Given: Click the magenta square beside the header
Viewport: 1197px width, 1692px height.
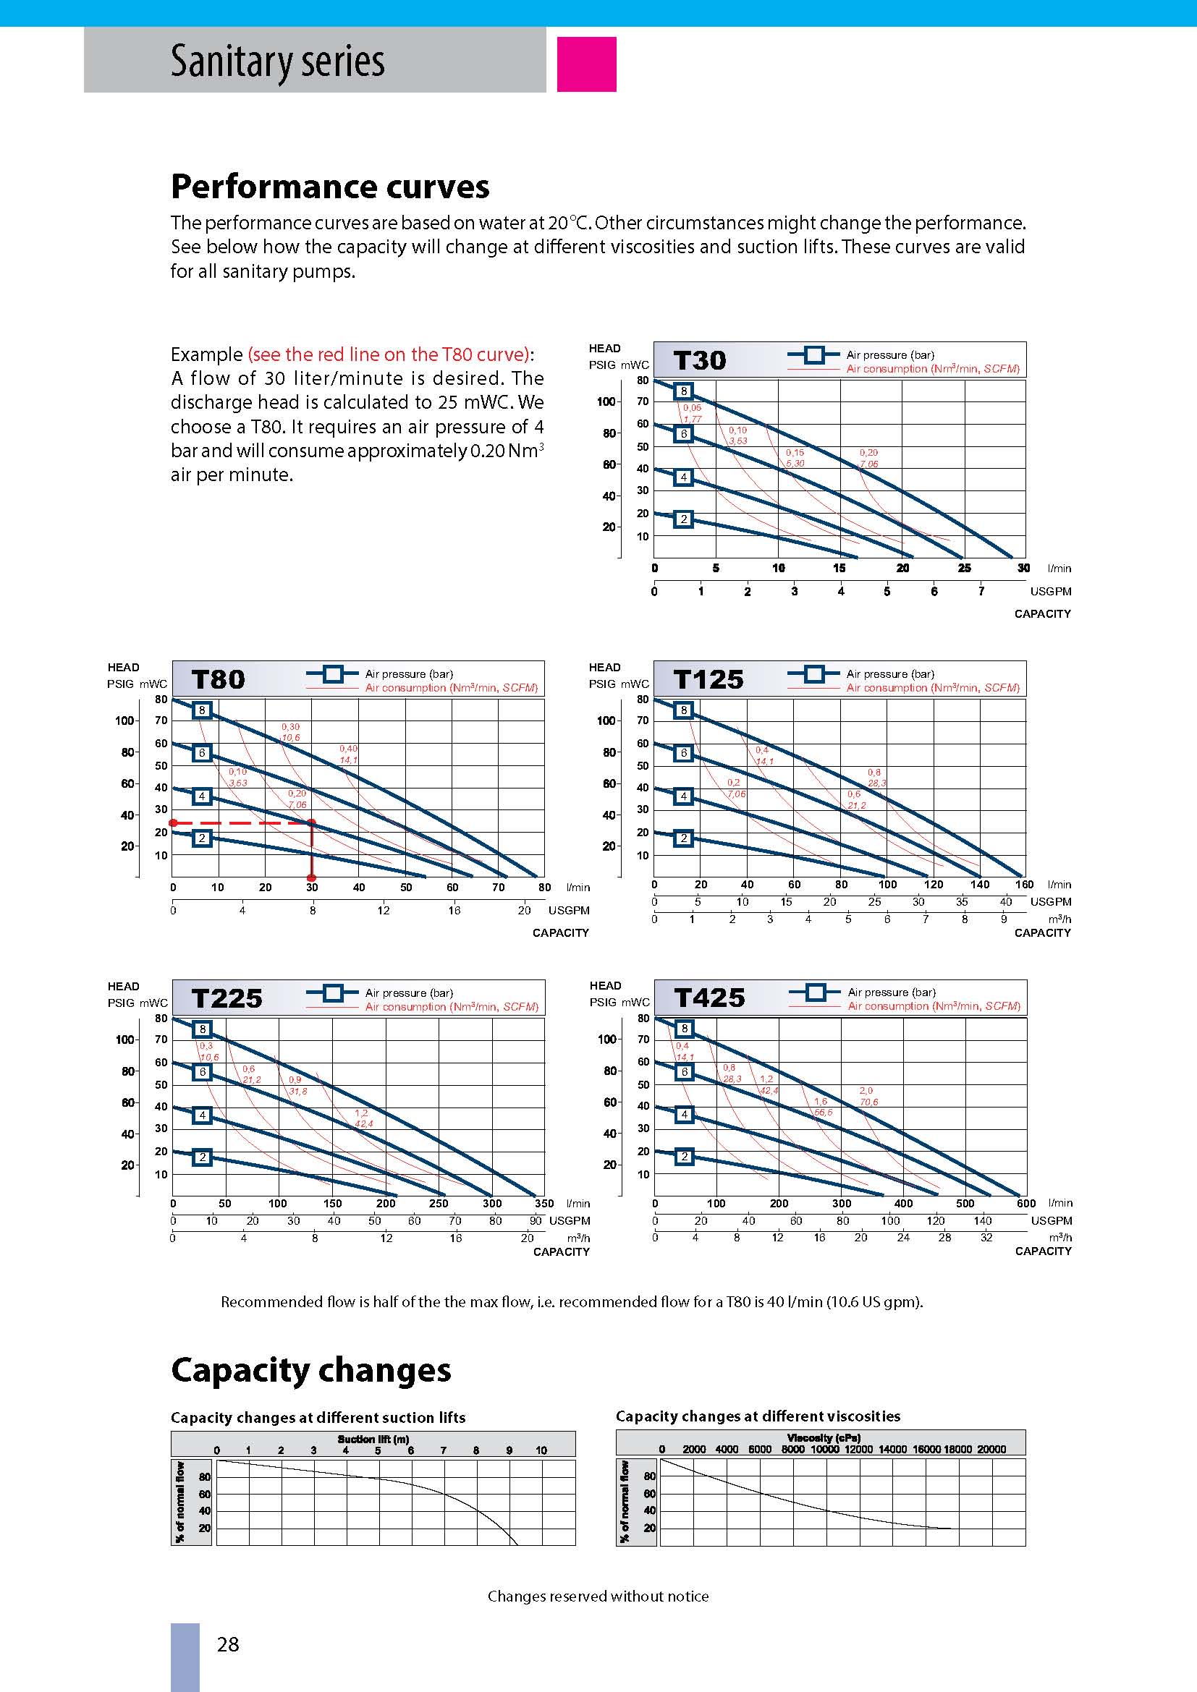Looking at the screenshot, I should pyautogui.click(x=586, y=64).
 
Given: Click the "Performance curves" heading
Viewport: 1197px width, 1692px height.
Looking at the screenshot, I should pyautogui.click(x=329, y=187).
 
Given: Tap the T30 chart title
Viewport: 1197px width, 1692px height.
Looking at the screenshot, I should pyautogui.click(x=700, y=360).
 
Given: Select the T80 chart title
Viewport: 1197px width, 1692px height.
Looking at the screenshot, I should pyautogui.click(x=217, y=679).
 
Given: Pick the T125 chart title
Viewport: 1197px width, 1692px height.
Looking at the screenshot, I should pyautogui.click(x=709, y=679).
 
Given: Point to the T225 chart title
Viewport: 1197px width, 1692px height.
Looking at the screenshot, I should pyautogui.click(x=227, y=998).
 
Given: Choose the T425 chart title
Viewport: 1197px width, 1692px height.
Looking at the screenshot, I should pyautogui.click(x=709, y=997).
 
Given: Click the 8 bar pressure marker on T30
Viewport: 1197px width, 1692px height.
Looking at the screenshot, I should pyautogui.click(x=683, y=391).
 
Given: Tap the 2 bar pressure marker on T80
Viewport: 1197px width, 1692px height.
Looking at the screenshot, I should pyautogui.click(x=201, y=838).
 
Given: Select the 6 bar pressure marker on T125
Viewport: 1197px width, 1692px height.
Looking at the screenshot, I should pyautogui.click(x=683, y=752).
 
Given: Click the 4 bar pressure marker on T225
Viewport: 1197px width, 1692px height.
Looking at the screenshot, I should pyautogui.click(x=202, y=1115).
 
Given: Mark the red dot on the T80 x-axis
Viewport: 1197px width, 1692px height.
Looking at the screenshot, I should pyautogui.click(x=312, y=877).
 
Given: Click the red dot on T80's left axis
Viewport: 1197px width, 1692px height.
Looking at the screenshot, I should pyautogui.click(x=172, y=823).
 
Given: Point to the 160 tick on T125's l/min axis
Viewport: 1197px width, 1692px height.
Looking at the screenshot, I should pyautogui.click(x=1024, y=884).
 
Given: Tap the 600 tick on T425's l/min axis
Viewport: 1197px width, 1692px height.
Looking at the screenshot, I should pyautogui.click(x=1025, y=1203).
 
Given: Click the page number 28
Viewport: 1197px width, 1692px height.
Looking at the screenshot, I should pyautogui.click(x=228, y=1644).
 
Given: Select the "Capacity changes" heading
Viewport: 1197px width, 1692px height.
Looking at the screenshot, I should pyautogui.click(x=310, y=1370).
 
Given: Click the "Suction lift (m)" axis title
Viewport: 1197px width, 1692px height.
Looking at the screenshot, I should pyautogui.click(x=373, y=1439).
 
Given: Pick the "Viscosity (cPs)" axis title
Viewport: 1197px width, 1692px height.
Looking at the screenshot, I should pyautogui.click(x=824, y=1437).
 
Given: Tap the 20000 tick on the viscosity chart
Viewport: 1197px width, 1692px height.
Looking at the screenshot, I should pyautogui.click(x=991, y=1449).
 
